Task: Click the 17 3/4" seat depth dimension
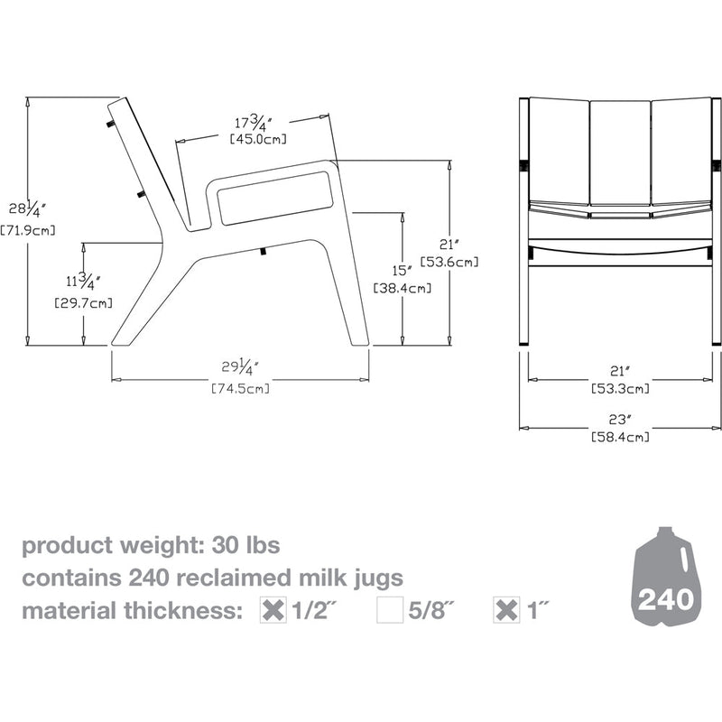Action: (255, 122)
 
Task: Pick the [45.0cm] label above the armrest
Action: (255, 139)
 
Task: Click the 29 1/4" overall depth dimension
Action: (240, 368)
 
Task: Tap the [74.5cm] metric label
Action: (240, 389)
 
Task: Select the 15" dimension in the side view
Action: (402, 270)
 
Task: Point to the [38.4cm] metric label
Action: (402, 289)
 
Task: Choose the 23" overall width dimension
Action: (620, 419)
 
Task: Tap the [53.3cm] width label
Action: (620, 389)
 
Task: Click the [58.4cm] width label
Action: (620, 437)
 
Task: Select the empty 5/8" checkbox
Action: (390, 610)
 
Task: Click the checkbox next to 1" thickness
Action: (508, 610)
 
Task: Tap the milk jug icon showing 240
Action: (666, 581)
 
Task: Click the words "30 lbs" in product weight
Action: (245, 546)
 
